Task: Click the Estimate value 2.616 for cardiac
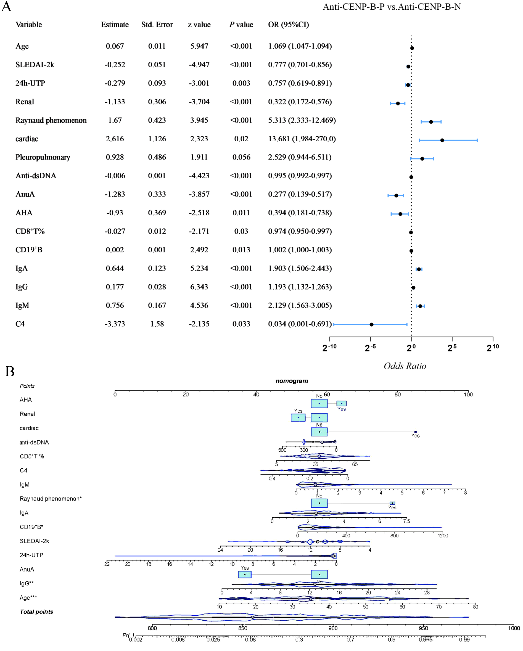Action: point(115,139)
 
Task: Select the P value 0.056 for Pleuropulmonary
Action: point(241,157)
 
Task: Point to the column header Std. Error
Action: point(157,25)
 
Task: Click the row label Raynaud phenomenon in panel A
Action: point(51,120)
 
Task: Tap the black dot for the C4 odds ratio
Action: point(371,325)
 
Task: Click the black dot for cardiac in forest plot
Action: point(442,141)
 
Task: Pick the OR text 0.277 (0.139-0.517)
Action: point(300,194)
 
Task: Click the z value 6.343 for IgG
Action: point(199,287)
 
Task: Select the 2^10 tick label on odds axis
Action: point(493,348)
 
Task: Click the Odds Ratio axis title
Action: point(405,366)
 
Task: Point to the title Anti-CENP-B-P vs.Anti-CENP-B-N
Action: point(392,7)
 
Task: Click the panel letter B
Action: point(10,371)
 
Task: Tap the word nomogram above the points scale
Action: point(291,381)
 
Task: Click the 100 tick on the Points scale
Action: point(468,394)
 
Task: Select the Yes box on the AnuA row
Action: point(245,574)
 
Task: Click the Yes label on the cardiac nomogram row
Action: point(415,436)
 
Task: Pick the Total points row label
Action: point(36,612)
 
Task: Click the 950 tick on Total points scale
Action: point(423,628)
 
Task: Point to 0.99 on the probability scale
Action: point(464,639)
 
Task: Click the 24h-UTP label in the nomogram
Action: point(31,555)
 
